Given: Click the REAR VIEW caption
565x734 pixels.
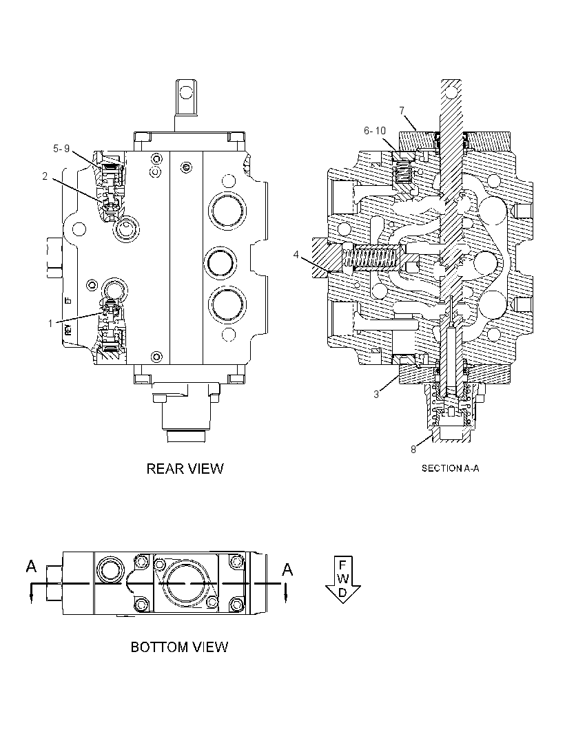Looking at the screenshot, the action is coord(185,469).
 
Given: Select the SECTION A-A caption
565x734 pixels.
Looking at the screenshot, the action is coord(450,468).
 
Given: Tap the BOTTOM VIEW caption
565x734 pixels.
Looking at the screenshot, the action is coord(179,647).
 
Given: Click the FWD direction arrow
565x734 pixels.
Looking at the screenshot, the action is coord(342,580).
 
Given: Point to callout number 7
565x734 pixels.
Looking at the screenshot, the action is coord(402,110).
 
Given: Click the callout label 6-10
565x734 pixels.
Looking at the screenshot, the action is coord(375,131).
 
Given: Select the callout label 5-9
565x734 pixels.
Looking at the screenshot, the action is coord(61,149).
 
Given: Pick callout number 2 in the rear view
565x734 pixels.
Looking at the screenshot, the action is coord(45,176).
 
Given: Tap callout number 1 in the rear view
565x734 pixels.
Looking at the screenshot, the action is coord(50,323).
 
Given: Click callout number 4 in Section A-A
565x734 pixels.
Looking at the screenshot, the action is coord(296,255).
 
